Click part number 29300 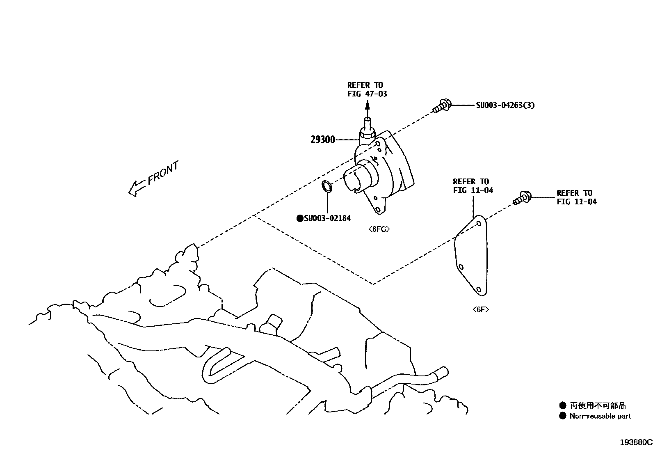pyautogui.click(x=323, y=140)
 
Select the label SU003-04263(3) pyautogui.click(x=505, y=105)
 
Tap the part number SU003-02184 pyautogui.click(x=327, y=218)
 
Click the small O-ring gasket pyautogui.click(x=327, y=186)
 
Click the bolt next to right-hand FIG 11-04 pyautogui.click(x=522, y=198)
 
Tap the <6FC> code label pyautogui.click(x=379, y=229)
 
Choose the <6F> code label pyautogui.click(x=480, y=309)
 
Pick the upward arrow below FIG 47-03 pyautogui.click(x=367, y=110)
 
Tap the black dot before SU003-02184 pyautogui.click(x=300, y=218)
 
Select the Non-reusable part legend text pyautogui.click(x=600, y=416)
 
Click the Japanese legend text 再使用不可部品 pyautogui.click(x=598, y=405)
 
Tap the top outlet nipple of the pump pyautogui.click(x=367, y=123)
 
